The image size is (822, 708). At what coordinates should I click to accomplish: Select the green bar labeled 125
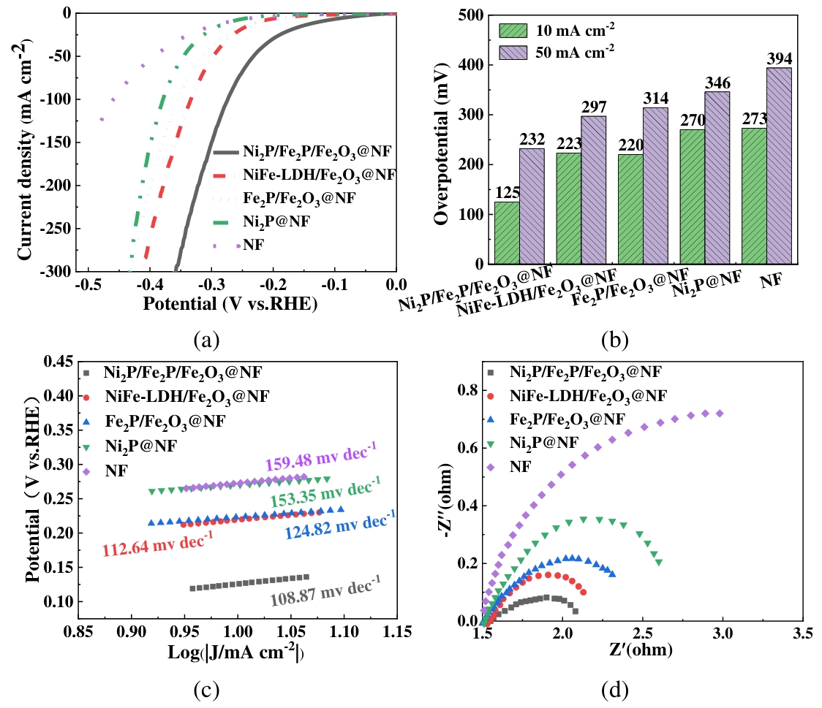pos(507,232)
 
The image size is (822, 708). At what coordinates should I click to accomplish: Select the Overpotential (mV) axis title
pos(442,139)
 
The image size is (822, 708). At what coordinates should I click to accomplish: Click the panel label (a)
pos(205,339)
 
